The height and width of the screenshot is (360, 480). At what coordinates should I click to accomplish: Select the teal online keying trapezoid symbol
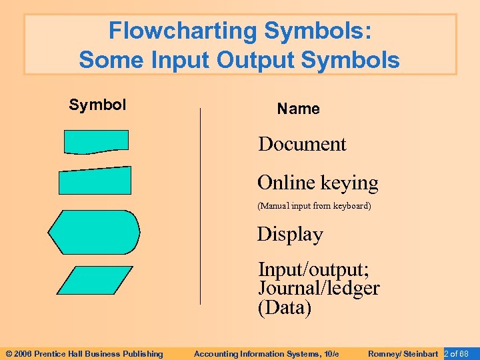pyautogui.click(x=95, y=180)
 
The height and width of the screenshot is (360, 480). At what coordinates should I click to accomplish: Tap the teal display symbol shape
pyautogui.click(x=94, y=232)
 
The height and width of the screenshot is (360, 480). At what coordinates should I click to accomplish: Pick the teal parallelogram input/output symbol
pyautogui.click(x=95, y=280)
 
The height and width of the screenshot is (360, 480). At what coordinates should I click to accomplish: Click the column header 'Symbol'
pyautogui.click(x=97, y=105)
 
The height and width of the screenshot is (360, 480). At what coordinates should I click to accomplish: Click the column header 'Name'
pyautogui.click(x=298, y=109)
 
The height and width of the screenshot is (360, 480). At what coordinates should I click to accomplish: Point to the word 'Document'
pyautogui.click(x=302, y=144)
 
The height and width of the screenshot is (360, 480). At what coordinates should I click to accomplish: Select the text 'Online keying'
pyautogui.click(x=317, y=183)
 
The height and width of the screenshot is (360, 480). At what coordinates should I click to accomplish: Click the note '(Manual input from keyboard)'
pyautogui.click(x=314, y=206)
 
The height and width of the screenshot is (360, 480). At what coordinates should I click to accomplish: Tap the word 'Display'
pyautogui.click(x=290, y=235)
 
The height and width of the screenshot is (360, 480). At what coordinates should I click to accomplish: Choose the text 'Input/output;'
pyautogui.click(x=313, y=270)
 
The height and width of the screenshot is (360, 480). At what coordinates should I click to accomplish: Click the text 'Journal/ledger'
pyautogui.click(x=319, y=289)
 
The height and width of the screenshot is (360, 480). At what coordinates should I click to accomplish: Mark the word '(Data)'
pyautogui.click(x=285, y=309)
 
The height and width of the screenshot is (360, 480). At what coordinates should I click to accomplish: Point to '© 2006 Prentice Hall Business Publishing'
pyautogui.click(x=84, y=353)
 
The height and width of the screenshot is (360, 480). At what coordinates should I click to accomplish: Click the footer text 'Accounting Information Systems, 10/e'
pyautogui.click(x=266, y=353)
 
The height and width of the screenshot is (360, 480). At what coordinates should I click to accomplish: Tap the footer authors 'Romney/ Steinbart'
pyautogui.click(x=403, y=353)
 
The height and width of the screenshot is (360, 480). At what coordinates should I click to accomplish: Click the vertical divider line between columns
pyautogui.click(x=200, y=207)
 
